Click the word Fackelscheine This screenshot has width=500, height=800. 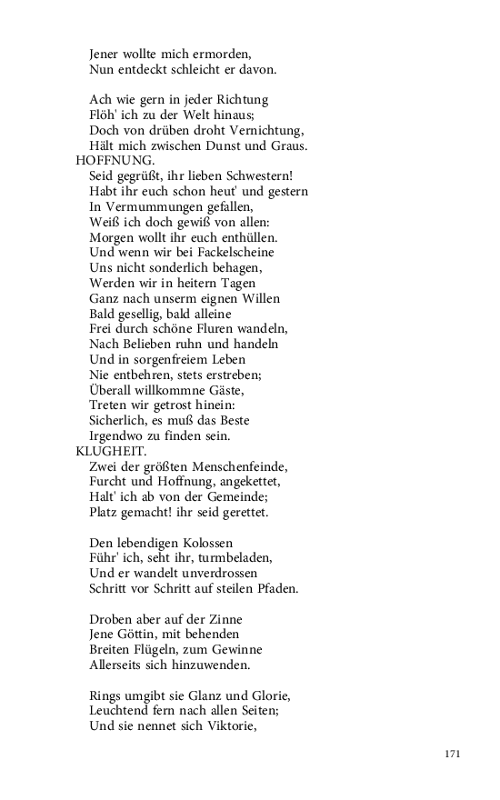pos(232,252)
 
